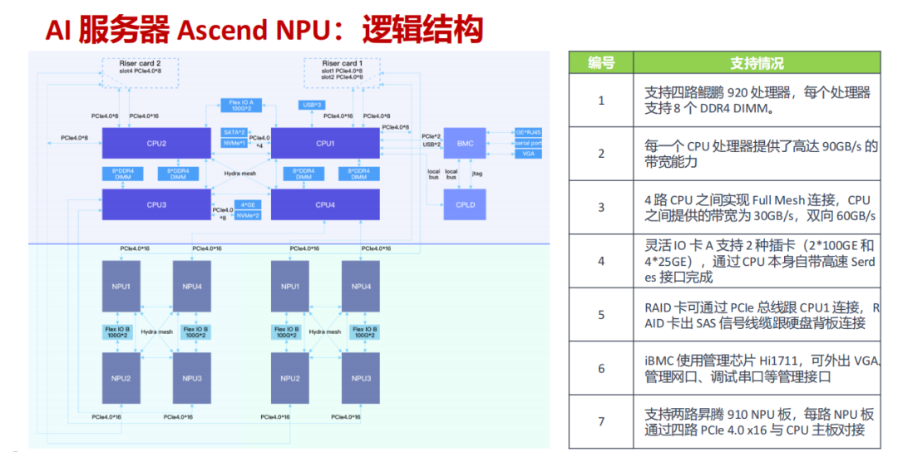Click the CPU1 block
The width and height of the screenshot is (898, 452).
click(325, 144)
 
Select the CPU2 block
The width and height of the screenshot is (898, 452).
click(155, 144)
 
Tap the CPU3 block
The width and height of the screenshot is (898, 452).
click(155, 204)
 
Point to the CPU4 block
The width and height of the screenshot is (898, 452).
click(325, 204)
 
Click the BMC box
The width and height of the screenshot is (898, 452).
click(465, 144)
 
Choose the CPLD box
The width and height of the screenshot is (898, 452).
click(465, 204)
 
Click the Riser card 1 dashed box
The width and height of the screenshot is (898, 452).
click(341, 69)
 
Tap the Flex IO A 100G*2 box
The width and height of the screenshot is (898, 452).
click(242, 106)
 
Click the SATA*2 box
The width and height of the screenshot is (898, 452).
click(234, 132)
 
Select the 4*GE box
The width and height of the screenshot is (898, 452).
click(247, 204)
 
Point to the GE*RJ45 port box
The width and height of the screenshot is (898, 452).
click(528, 132)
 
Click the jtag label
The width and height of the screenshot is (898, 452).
click(476, 174)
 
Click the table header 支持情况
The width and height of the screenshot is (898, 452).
click(756, 63)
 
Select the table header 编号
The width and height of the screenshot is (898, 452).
click(600, 63)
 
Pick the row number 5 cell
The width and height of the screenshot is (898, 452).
click(600, 315)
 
